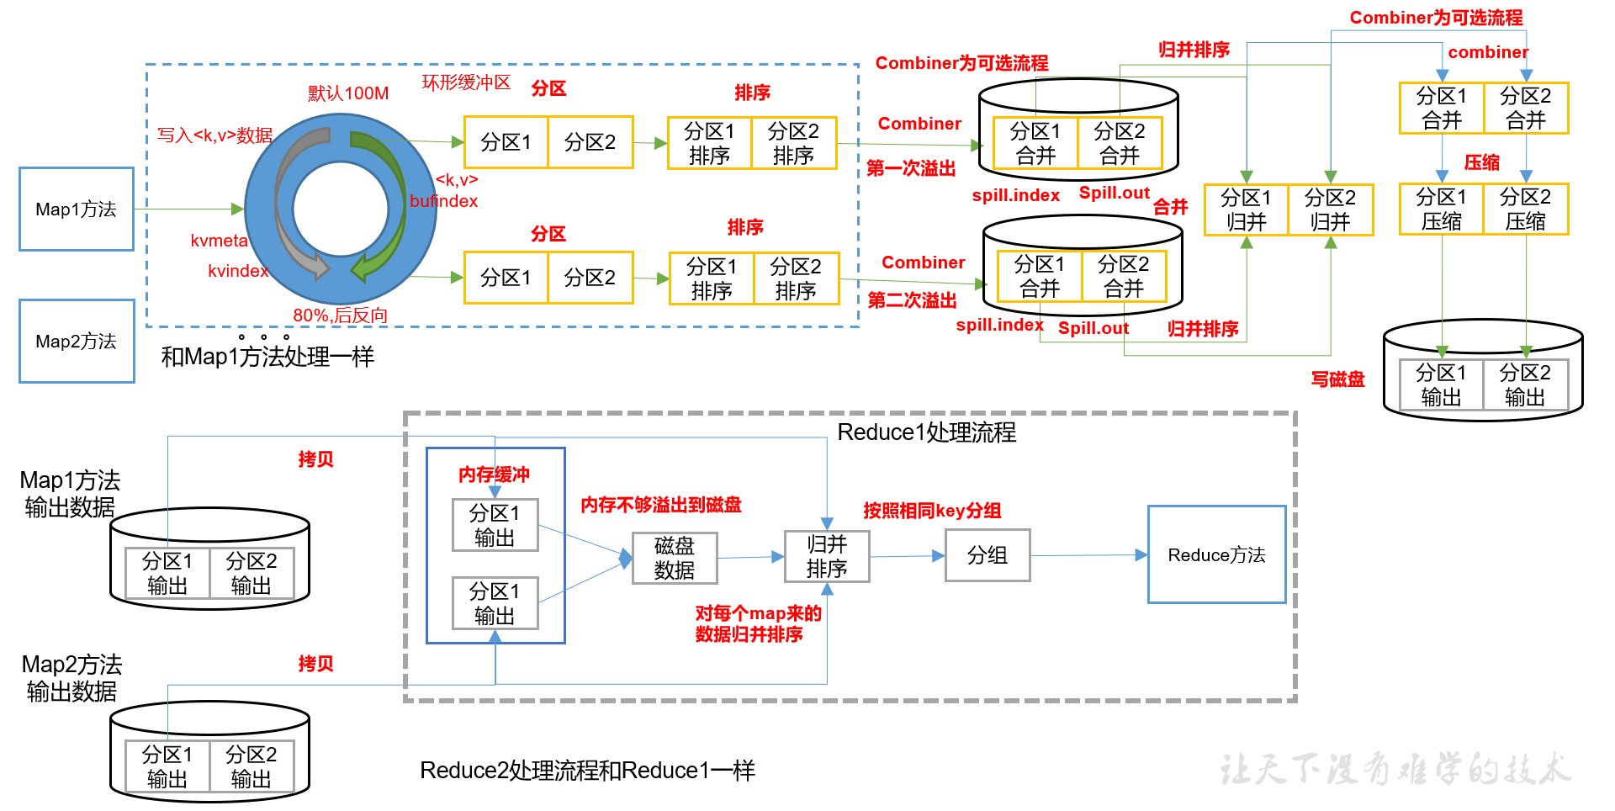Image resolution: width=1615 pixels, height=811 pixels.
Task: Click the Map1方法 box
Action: tap(77, 209)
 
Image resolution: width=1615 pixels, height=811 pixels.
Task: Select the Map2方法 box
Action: tap(77, 341)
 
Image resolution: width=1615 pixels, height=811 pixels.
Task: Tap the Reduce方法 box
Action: tap(1216, 554)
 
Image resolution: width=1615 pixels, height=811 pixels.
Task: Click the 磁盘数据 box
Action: tap(675, 558)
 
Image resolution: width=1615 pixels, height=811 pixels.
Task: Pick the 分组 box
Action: tap(988, 555)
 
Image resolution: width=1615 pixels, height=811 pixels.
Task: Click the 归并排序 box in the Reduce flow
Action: tap(827, 556)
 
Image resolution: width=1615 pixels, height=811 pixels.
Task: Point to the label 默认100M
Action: tap(348, 93)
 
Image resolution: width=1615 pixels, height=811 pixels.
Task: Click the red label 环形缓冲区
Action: tap(466, 82)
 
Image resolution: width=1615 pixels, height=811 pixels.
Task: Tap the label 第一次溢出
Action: tap(911, 168)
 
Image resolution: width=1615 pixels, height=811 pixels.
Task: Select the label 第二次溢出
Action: tap(912, 300)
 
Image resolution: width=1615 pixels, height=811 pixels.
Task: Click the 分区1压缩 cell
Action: tap(1441, 209)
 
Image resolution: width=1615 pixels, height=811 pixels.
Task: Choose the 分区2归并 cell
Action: tap(1330, 209)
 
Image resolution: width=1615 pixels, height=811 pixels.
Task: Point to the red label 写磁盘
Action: tap(1337, 379)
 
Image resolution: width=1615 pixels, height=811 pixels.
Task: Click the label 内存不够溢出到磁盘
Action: tap(661, 505)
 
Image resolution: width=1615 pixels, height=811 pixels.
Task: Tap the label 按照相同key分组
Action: tap(932, 511)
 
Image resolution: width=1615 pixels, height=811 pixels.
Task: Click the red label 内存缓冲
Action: tap(494, 474)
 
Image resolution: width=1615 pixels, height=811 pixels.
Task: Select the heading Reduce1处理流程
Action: tap(926, 432)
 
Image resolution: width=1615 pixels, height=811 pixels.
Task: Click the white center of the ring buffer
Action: tap(341, 208)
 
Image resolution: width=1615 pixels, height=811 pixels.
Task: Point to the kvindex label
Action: tap(238, 271)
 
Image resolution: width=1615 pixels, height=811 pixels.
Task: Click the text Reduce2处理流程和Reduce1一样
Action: tap(587, 771)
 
